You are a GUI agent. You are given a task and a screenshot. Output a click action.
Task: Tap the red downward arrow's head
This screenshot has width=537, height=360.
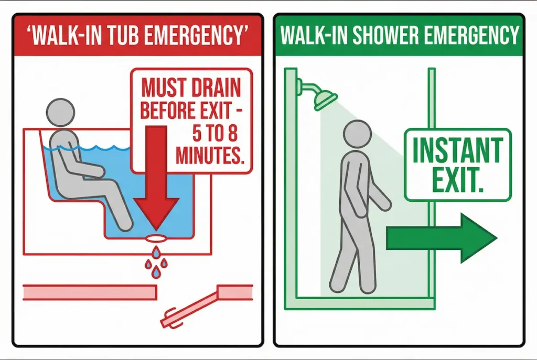coord(157,212)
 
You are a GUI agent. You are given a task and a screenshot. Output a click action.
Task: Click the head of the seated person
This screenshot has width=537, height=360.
coord(61,112)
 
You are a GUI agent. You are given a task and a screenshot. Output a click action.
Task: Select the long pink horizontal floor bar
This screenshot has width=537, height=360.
coord(90,292)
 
